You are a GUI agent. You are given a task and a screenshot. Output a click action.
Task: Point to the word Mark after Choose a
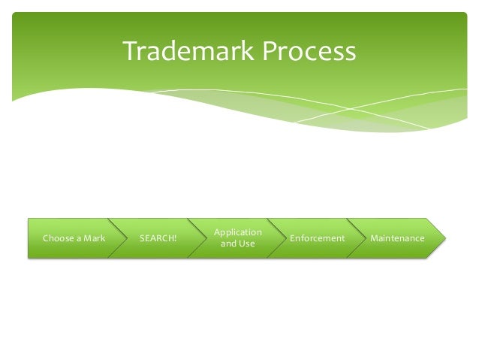coord(95,239)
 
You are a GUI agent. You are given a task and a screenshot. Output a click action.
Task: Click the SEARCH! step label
coord(158,239)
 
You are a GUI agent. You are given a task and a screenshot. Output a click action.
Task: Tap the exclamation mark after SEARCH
coord(176,239)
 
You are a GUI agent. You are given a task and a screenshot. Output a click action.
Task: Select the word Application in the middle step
coord(237,233)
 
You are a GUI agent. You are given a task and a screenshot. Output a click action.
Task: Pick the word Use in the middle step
coord(247,244)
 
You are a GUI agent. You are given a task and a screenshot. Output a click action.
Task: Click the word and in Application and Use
coord(228,244)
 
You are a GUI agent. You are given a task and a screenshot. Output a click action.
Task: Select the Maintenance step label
coord(397,239)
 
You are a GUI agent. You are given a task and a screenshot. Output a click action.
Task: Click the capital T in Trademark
coord(130,52)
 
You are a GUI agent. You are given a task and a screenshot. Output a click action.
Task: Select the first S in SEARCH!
coord(143,239)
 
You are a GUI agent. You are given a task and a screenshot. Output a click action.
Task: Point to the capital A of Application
coord(216,233)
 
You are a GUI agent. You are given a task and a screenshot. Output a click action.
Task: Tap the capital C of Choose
coord(45,239)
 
